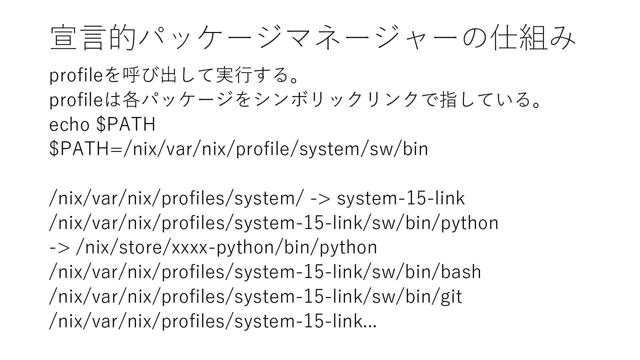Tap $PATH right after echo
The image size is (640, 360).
[x=126, y=125]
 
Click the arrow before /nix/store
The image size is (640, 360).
[x=59, y=248]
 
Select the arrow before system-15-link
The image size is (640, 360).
[x=320, y=199]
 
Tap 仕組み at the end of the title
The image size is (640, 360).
[x=535, y=38]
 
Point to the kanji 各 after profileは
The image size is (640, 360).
[x=131, y=100]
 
